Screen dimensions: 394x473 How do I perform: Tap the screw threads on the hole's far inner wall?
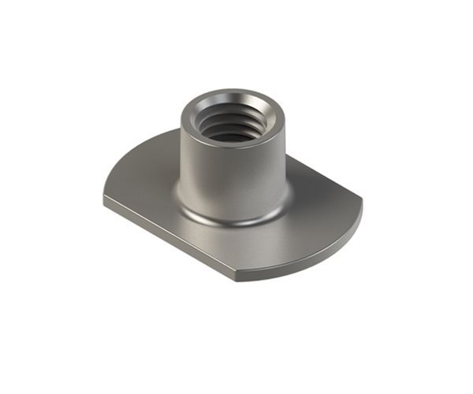pos(231,118)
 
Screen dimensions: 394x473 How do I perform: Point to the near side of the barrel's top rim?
pos(229,147)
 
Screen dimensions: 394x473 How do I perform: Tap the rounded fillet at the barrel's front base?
pos(229,219)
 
